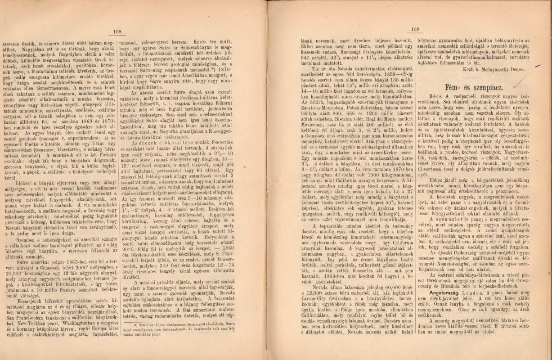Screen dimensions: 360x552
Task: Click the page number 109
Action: [414, 30]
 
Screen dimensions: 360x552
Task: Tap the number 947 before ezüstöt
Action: [307, 57]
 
